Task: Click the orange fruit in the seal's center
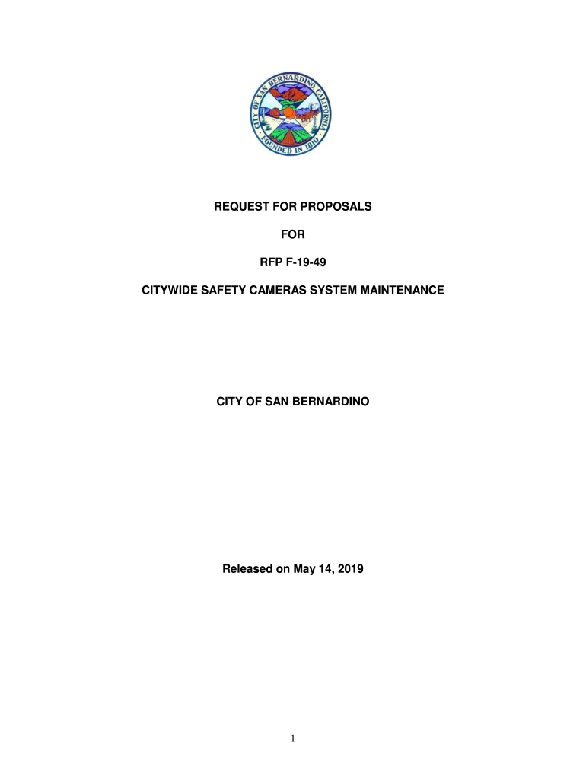pos(288,113)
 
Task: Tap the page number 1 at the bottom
pos(293,738)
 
